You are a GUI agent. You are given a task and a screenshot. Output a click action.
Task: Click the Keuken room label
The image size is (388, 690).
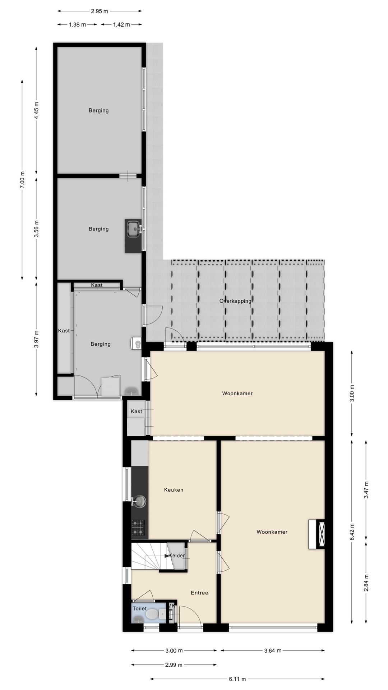[174, 490]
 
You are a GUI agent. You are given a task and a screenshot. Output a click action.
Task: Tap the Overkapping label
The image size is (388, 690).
[235, 301]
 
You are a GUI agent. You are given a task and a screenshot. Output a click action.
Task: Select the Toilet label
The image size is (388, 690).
[140, 608]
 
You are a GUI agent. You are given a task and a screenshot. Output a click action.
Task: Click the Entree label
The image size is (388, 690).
[199, 593]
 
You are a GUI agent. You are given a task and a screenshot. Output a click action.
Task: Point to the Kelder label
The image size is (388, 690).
[177, 556]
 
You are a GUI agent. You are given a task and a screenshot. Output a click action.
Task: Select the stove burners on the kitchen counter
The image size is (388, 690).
[138, 528]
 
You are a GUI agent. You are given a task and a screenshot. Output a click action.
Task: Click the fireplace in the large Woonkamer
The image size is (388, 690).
[317, 534]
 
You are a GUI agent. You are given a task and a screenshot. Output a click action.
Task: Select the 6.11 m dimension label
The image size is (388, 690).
[237, 679]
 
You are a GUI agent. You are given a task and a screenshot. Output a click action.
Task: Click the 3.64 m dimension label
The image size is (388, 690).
[273, 650]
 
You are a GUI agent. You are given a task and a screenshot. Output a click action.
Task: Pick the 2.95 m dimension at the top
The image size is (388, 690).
[100, 11]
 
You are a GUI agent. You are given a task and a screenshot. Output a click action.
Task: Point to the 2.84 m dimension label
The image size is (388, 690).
[366, 583]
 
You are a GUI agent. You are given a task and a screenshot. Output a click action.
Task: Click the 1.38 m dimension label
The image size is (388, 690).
[77, 25]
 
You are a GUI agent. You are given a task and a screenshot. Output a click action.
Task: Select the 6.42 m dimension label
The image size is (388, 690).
[352, 531]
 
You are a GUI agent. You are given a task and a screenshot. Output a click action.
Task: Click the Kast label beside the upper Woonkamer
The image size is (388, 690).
[136, 411]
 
